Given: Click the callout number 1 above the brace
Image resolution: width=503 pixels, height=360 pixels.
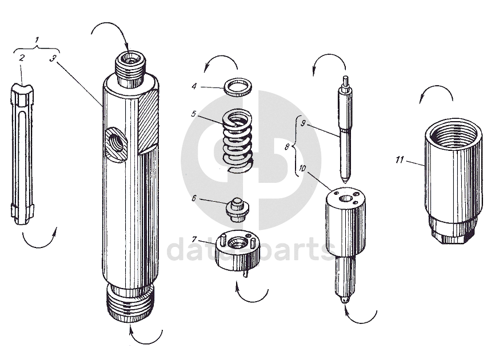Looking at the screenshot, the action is (37, 40).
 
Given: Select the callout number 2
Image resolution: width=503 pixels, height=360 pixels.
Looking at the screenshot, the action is (22, 58).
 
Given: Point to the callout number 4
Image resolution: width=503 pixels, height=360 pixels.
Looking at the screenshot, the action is (194, 86).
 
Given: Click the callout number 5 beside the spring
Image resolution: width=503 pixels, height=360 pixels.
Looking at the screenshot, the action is (193, 114).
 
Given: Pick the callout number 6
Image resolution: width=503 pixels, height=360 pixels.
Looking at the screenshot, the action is (194, 198).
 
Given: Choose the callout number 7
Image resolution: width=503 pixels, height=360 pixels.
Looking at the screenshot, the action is (194, 239).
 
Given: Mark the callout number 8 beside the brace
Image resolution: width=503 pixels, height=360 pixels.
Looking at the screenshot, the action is (288, 147).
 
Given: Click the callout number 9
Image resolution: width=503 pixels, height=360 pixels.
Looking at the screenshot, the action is (303, 123).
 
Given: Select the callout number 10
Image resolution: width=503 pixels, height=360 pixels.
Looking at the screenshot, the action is (302, 168).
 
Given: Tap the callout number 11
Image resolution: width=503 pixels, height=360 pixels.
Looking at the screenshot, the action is (400, 159).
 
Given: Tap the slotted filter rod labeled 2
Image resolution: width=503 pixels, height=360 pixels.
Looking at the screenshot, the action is (22, 154).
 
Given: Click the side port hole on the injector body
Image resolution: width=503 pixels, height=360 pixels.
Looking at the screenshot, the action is (116, 143).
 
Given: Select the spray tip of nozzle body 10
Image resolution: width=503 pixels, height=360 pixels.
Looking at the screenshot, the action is (345, 301).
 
